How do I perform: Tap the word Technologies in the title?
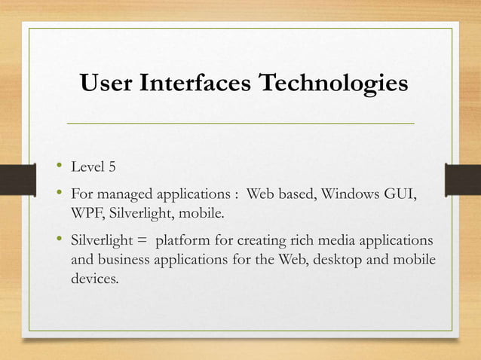click(x=332, y=84)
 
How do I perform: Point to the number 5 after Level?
click(x=112, y=166)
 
